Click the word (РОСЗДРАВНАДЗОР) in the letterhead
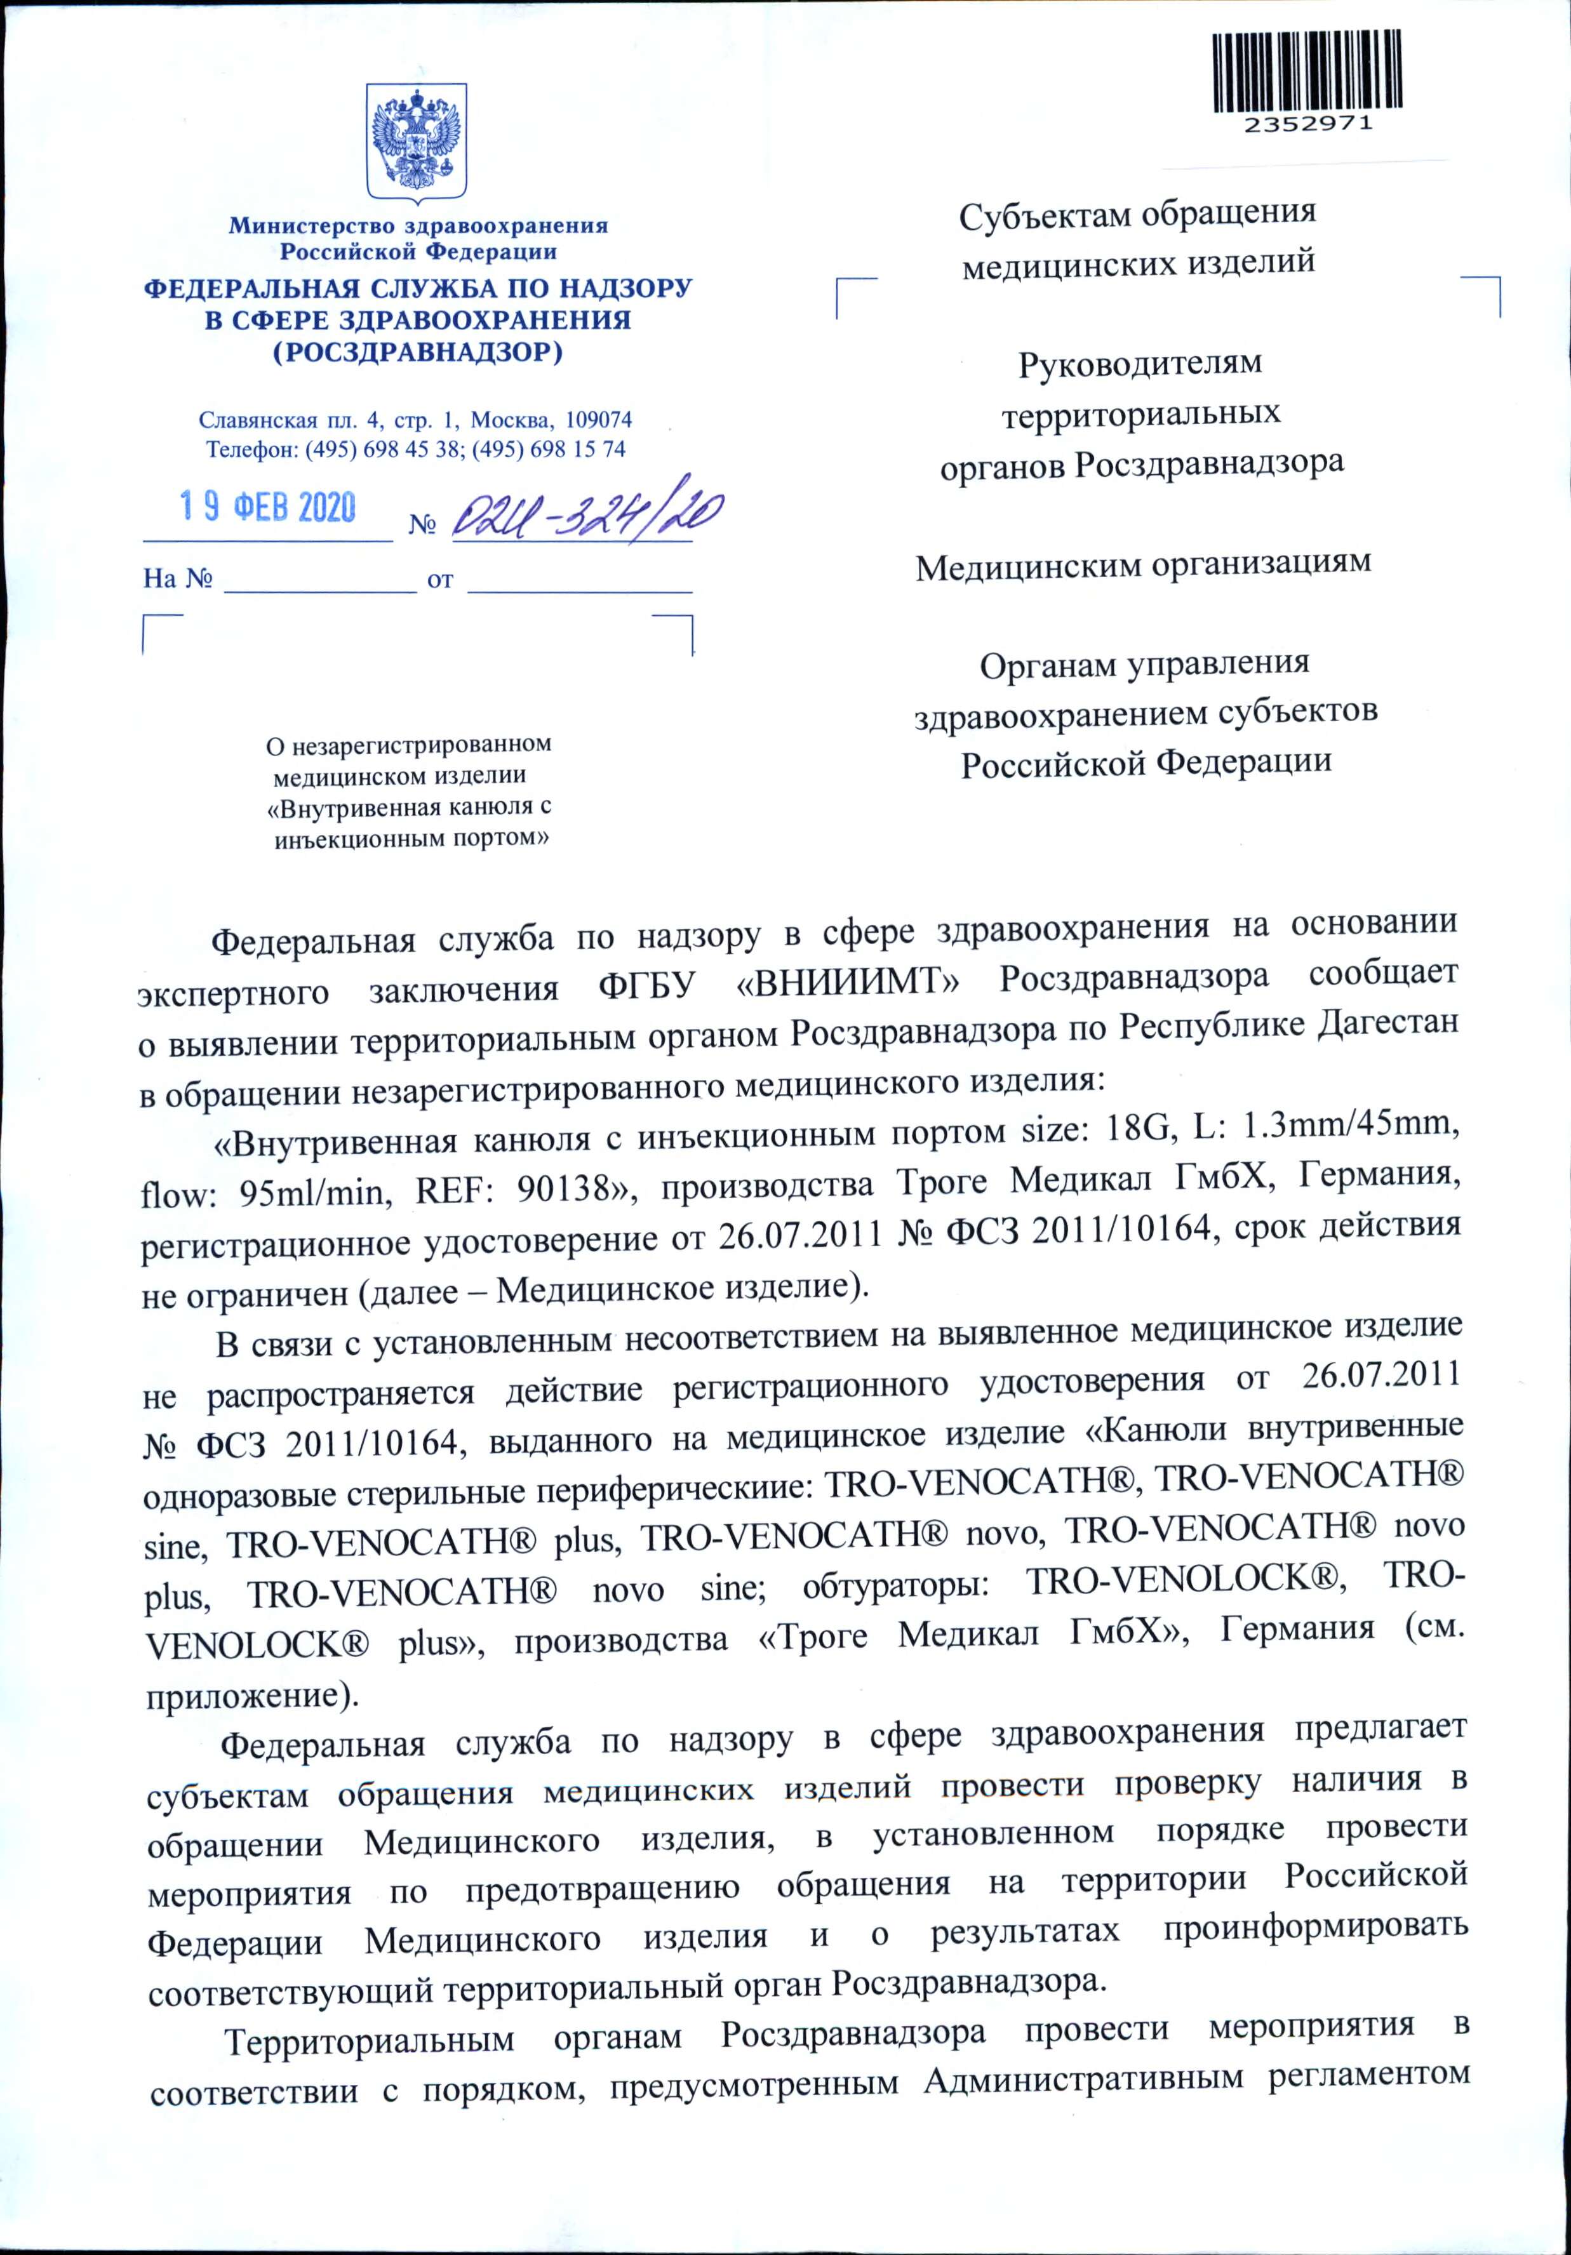pyautogui.click(x=418, y=352)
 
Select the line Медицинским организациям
pyautogui.click(x=1142, y=565)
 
